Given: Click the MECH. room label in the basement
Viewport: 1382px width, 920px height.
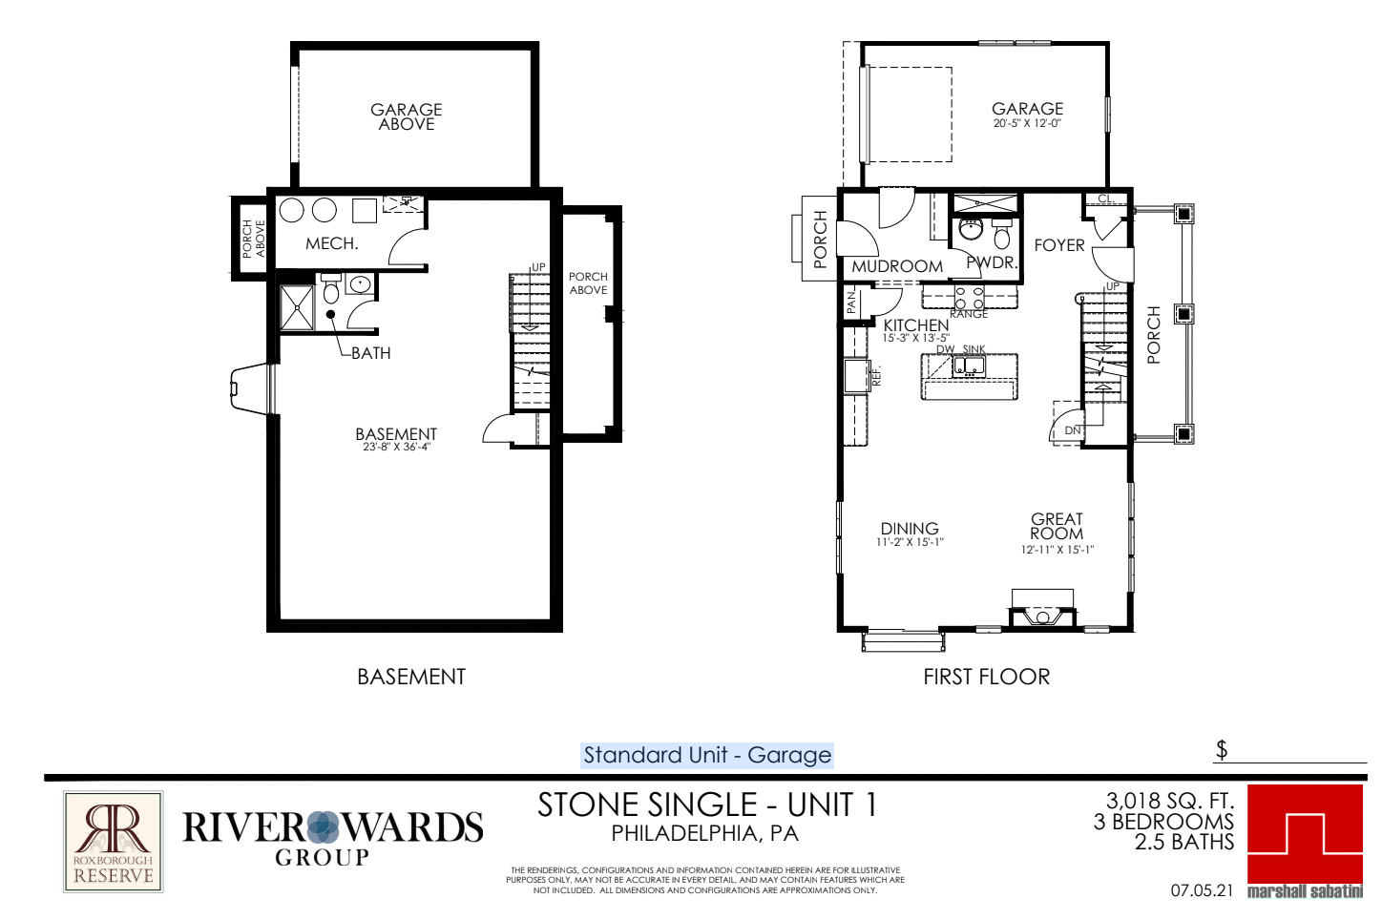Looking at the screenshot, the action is click(332, 243).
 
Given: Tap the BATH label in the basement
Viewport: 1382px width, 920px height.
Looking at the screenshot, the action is click(371, 353).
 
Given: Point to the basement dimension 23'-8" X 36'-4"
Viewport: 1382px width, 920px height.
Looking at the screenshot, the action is click(396, 447).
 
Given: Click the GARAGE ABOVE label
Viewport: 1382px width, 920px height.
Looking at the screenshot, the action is click(406, 116).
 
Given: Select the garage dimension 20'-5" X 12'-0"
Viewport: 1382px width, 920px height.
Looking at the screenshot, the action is click(1027, 123).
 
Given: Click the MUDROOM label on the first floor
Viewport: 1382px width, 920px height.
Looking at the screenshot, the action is click(897, 266).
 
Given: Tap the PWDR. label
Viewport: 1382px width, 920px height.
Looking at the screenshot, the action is click(992, 262).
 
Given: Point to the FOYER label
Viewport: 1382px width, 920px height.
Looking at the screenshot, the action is click(1059, 245).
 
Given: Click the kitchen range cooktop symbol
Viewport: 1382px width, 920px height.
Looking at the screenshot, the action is click(970, 298).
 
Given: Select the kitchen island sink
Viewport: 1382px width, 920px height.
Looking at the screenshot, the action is click(969, 366).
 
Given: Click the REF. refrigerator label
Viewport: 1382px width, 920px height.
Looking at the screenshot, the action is click(877, 376).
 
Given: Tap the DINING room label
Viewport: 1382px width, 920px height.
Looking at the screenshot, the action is click(910, 529).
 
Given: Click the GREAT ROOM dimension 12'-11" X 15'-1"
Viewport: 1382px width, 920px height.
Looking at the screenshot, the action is click(1057, 550).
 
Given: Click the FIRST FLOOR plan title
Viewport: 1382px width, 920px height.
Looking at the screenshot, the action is click(987, 677).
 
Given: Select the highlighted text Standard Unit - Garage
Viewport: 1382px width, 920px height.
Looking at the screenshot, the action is click(707, 755).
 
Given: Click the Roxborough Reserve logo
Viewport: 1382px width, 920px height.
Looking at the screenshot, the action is click(113, 842).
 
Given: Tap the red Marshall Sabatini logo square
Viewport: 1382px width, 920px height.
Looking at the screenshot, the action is click(1305, 834).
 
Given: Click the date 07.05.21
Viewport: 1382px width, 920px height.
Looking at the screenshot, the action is click(1202, 890).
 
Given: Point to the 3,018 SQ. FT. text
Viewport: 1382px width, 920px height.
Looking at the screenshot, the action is click(1170, 801).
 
